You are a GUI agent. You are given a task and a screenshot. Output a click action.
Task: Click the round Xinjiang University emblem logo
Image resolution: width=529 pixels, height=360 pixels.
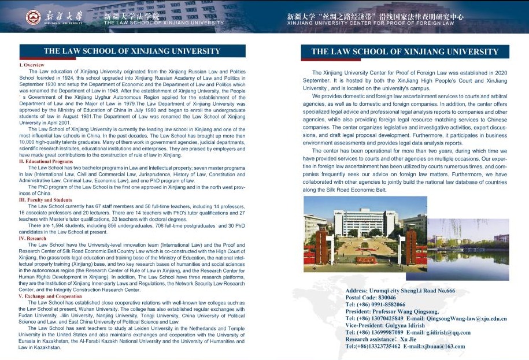(34, 17)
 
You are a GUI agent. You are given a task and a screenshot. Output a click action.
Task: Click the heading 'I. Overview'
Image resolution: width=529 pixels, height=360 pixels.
(32, 65)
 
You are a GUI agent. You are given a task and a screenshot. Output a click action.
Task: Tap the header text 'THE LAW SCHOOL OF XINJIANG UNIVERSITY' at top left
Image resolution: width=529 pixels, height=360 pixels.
(164, 23)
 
